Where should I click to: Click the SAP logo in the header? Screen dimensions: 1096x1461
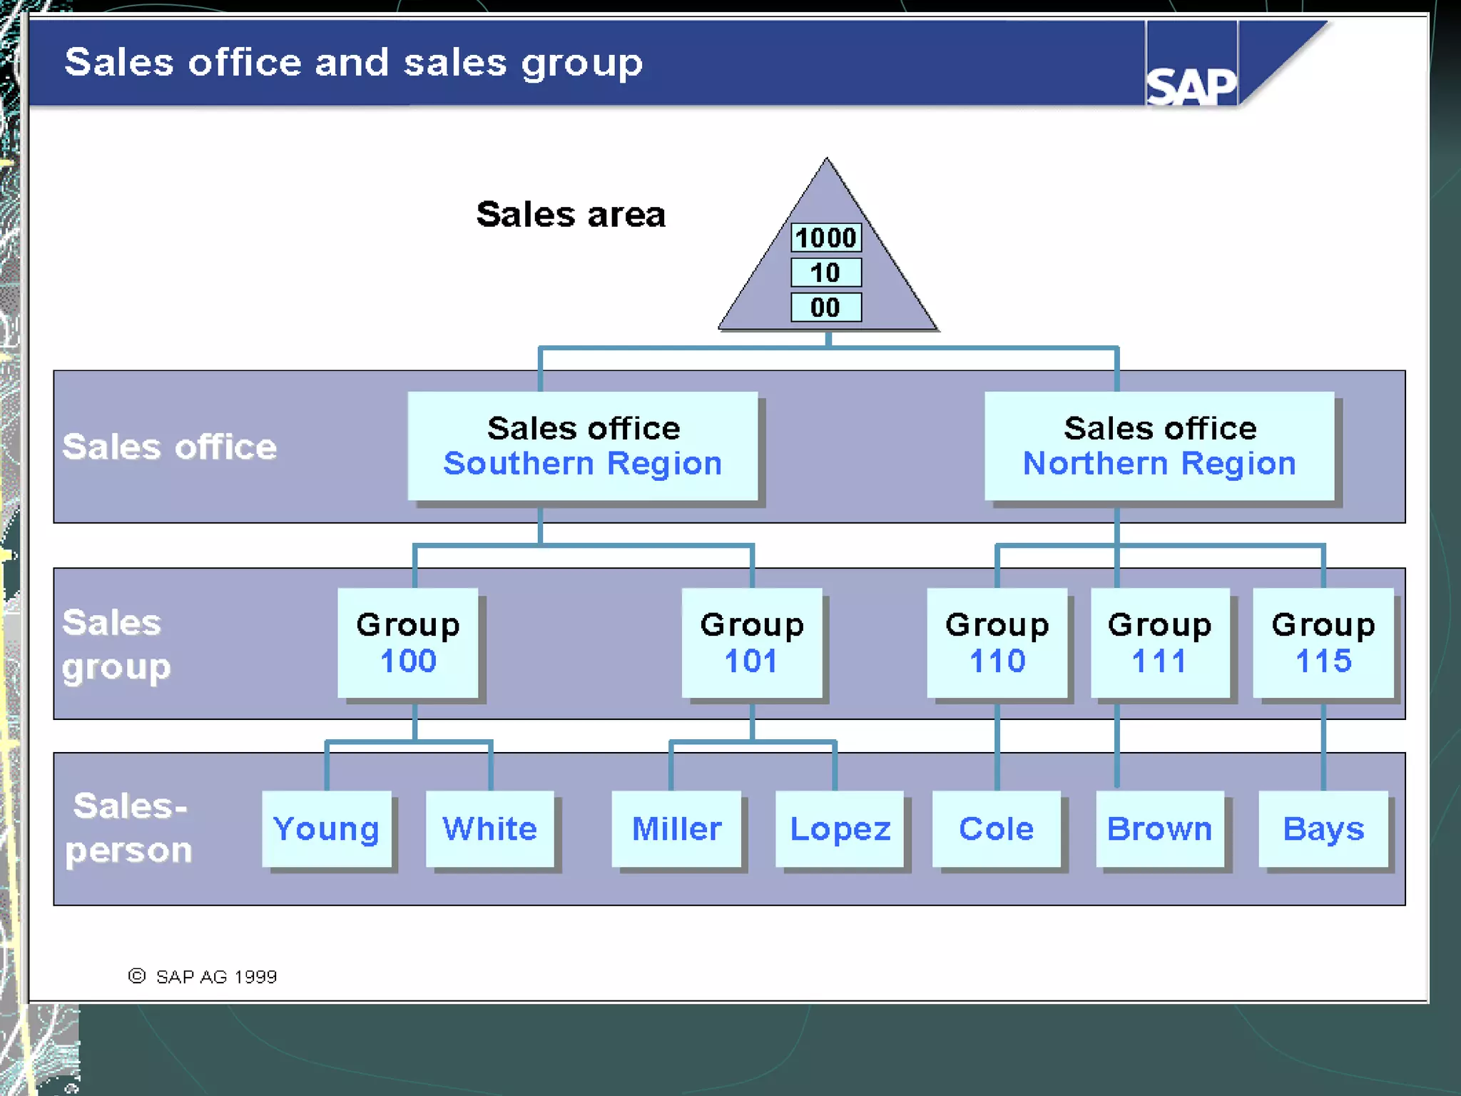click(1191, 86)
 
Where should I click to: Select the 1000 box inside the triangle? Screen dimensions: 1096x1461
click(825, 238)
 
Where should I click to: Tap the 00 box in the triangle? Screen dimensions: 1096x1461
click(825, 308)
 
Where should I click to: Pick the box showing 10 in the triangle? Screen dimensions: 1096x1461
click(825, 273)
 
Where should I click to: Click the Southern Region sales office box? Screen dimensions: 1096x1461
click(582, 446)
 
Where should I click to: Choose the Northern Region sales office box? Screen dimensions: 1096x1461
click(1159, 446)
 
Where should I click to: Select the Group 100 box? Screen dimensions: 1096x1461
click(408, 642)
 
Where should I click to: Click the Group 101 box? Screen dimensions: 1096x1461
click(752, 642)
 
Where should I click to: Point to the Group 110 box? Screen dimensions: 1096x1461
click(997, 642)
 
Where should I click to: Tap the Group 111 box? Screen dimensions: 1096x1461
click(1160, 642)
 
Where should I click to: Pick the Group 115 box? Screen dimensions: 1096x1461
click(1323, 642)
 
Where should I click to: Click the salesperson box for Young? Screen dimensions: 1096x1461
click(327, 829)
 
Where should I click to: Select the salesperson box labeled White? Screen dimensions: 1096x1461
click(490, 829)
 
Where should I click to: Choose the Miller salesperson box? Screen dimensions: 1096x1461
click(676, 829)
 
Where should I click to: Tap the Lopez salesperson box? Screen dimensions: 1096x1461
click(840, 829)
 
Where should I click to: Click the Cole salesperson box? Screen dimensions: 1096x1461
click(997, 829)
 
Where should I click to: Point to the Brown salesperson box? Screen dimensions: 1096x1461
click(1160, 829)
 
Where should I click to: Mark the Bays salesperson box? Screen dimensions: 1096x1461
click(1323, 829)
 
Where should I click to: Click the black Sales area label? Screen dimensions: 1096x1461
click(571, 214)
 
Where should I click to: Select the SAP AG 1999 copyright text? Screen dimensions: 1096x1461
click(203, 976)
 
